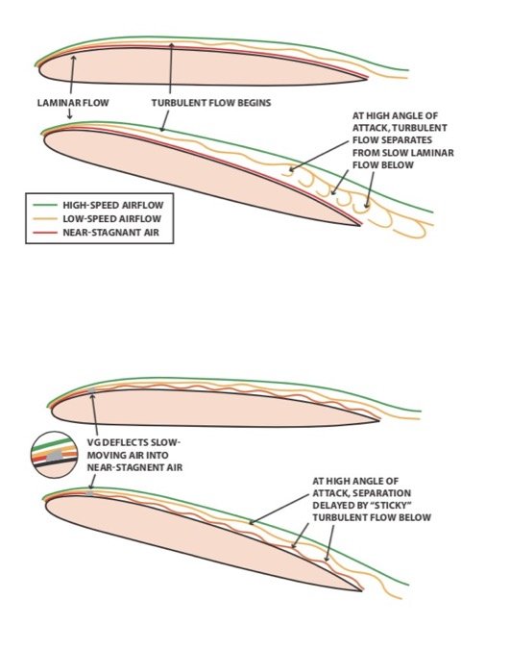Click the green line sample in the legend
coord(45,205)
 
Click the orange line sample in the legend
coord(45,218)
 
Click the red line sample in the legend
coord(45,233)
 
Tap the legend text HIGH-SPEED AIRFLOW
coord(113,205)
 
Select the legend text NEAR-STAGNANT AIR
coord(110,233)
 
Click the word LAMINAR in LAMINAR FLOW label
coord(57,103)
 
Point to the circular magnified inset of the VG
coord(54,455)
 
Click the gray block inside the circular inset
coord(54,456)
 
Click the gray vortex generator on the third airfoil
coord(92,390)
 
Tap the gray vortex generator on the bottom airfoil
coord(89,493)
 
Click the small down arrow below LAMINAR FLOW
coord(69,113)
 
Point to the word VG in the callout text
coord(93,443)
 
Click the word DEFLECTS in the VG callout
coord(123,443)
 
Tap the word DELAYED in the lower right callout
coord(329,506)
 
